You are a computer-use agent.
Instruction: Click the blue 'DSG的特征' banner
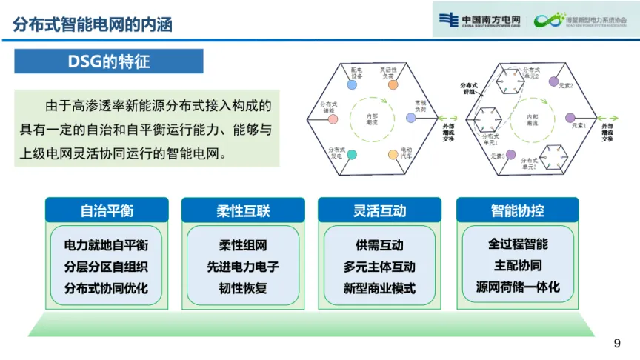[109, 61]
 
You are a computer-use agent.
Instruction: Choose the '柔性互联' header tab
[244, 210]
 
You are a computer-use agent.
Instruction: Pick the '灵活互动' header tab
[380, 210]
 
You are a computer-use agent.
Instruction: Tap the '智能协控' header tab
[517, 210]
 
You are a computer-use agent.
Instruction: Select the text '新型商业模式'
[380, 288]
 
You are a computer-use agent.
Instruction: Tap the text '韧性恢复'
[244, 288]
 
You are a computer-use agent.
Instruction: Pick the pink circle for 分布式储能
[333, 119]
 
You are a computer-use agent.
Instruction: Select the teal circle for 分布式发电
[352, 154]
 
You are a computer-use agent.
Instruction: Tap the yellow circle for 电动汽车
[393, 154]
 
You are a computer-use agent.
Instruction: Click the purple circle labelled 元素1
[570, 118]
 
